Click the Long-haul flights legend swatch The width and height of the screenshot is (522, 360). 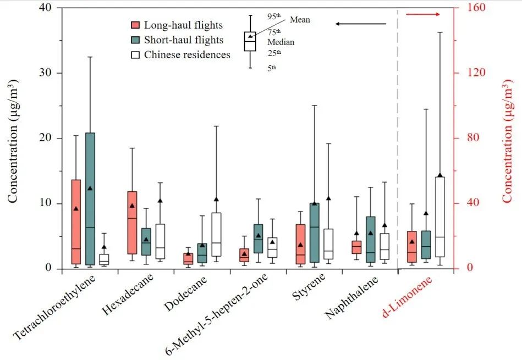pos(135,25)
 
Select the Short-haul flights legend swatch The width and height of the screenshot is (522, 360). pos(135,40)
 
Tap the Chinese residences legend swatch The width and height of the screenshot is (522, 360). pos(135,55)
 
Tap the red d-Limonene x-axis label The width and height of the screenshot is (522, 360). pos(407,297)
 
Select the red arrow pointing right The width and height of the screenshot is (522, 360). pos(424,14)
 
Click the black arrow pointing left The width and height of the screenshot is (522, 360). pos(361,24)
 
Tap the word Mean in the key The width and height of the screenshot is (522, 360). pos(300,20)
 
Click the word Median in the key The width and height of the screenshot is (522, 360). pos(281,42)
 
